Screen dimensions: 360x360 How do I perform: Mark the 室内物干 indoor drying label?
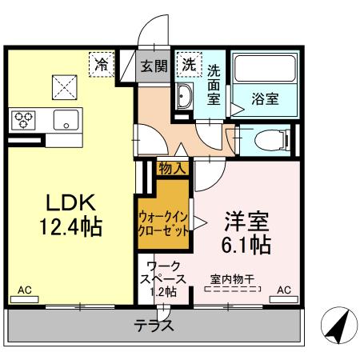coord(232,279)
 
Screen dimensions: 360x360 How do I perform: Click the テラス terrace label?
coord(157,327)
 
